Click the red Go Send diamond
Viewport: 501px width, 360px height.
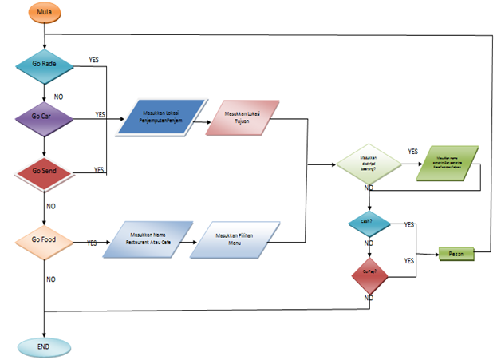tap(45, 171)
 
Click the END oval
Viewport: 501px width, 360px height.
tap(45, 346)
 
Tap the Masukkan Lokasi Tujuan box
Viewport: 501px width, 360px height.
tap(243, 120)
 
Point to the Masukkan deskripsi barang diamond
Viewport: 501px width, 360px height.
tap(368, 164)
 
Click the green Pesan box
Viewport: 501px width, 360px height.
tap(456, 254)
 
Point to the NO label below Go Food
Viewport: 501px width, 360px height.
tap(51, 279)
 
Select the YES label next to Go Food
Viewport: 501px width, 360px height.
tap(92, 243)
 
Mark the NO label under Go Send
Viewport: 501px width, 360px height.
tap(51, 205)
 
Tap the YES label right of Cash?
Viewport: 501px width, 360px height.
tap(408, 225)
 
